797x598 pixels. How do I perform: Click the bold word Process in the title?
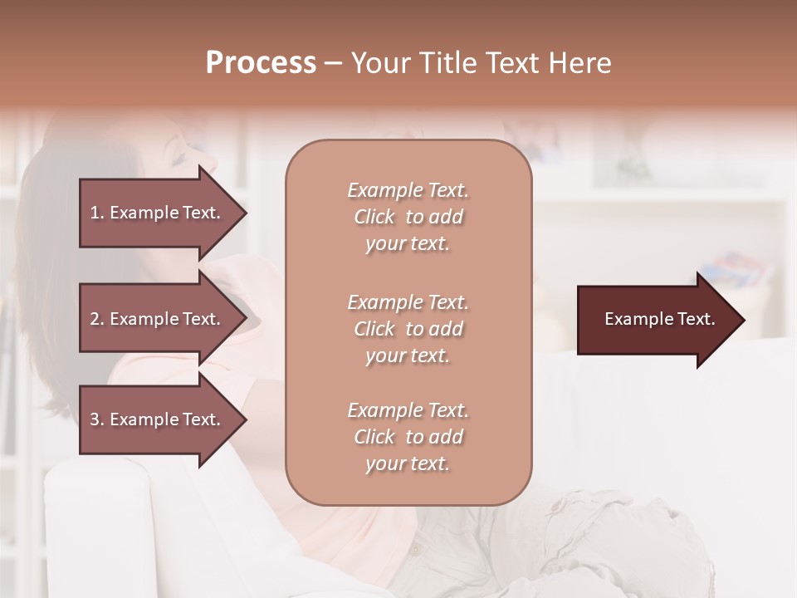[261, 63]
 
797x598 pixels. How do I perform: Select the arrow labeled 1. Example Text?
[158, 213]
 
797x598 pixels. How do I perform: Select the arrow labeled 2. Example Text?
[158, 319]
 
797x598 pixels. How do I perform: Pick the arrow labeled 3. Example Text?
[158, 419]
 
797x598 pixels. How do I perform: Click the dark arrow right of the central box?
[656, 320]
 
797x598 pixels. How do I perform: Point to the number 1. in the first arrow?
[98, 213]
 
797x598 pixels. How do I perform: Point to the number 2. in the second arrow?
[98, 319]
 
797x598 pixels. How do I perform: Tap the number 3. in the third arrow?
[98, 419]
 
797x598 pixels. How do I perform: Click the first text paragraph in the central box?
[408, 217]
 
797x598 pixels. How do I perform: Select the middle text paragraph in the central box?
[408, 329]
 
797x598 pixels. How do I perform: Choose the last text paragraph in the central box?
[408, 437]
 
